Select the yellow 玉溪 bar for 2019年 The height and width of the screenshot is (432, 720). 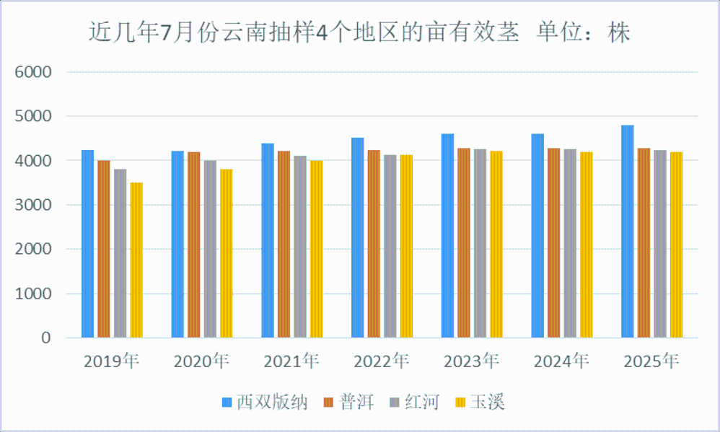[136, 260]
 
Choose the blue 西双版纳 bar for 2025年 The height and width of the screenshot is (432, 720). [628, 232]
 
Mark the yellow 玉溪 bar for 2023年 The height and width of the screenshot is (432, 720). [496, 244]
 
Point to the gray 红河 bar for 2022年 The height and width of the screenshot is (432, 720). [390, 246]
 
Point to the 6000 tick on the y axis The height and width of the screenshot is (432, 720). [35, 72]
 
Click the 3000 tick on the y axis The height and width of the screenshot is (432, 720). [35, 205]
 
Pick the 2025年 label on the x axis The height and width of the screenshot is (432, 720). [651, 361]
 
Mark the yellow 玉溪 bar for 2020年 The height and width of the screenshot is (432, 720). [227, 253]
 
